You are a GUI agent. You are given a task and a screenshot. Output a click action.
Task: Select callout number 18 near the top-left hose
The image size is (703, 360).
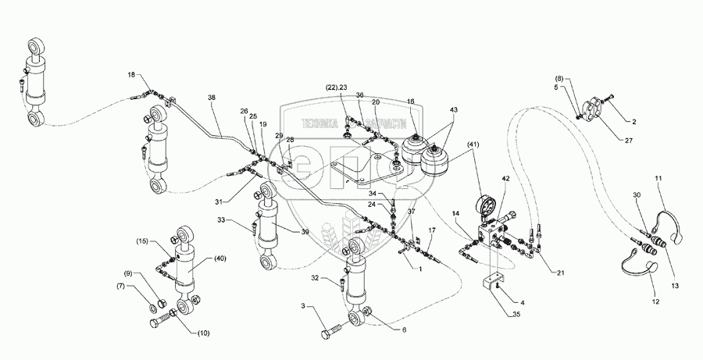pos(132,74)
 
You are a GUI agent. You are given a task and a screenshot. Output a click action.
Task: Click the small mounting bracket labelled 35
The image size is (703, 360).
pos(494,280)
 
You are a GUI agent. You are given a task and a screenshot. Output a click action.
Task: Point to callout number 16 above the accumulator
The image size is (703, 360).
pos(411,102)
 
